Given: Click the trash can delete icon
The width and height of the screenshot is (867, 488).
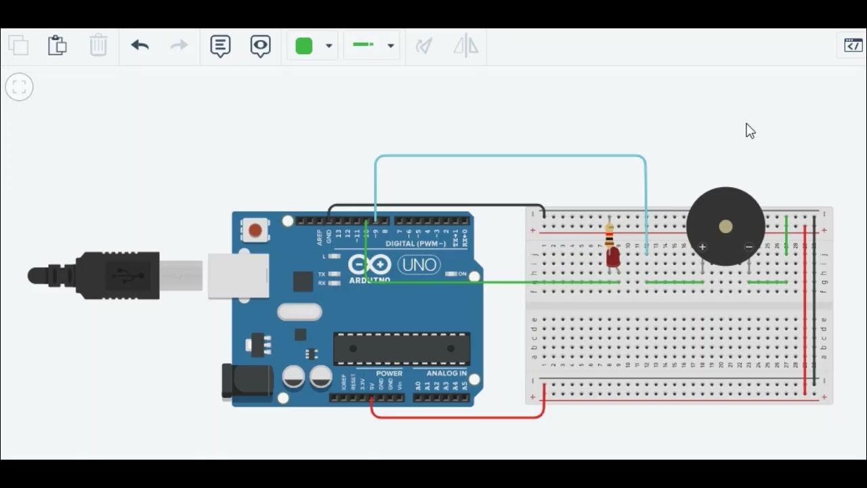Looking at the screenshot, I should (x=98, y=45).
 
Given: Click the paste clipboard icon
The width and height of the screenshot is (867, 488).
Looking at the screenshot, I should (x=58, y=45).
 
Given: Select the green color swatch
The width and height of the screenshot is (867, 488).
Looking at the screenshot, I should (x=304, y=45).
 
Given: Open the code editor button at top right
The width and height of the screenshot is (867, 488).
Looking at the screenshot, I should (x=853, y=45).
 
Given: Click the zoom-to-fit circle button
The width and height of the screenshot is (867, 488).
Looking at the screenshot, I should (x=19, y=87).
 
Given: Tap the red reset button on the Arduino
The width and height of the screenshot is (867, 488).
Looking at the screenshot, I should (x=255, y=231).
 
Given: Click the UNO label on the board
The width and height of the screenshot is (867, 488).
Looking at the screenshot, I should (x=419, y=264).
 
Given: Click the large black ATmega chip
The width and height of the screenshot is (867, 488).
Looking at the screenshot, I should (x=402, y=349).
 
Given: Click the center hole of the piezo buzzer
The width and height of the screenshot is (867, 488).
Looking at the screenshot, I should (x=725, y=226).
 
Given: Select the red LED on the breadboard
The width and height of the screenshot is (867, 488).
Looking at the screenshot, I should (x=613, y=258).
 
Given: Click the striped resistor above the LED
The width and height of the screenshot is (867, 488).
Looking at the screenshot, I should (x=610, y=236).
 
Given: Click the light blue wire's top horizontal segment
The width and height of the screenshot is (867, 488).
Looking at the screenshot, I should (x=508, y=157).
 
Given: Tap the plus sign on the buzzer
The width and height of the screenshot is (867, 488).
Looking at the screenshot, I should (x=702, y=247).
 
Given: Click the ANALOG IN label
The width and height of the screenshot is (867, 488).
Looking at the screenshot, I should (x=446, y=373).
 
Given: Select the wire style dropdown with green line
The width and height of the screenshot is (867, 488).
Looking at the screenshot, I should (x=371, y=45).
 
